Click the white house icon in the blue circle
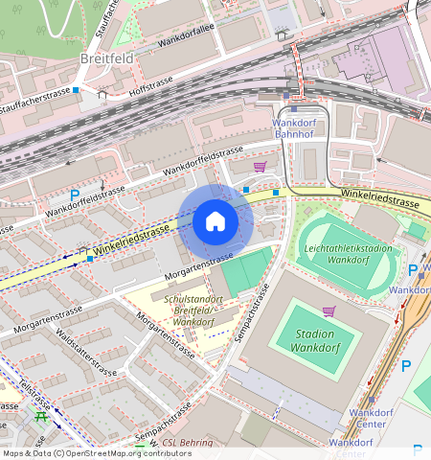(x=215, y=222)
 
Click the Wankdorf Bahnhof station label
(x=301, y=129)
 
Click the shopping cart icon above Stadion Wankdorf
(x=329, y=311)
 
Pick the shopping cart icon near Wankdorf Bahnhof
(x=260, y=167)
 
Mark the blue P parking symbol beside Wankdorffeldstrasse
(x=75, y=195)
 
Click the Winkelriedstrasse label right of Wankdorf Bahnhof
(x=383, y=203)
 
